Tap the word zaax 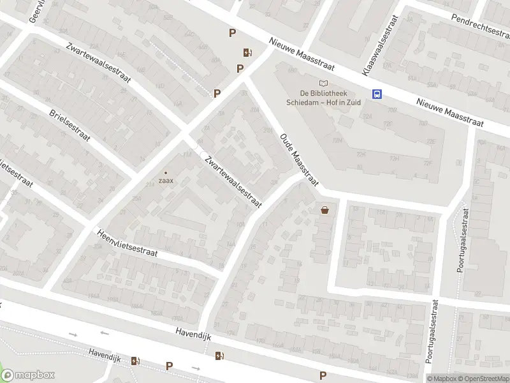[166, 181]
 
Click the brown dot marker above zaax [166, 172]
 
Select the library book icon [324, 83]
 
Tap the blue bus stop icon [377, 94]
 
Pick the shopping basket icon [326, 209]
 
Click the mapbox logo [28, 375]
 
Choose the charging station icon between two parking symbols [247, 53]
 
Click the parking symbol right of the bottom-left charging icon [169, 366]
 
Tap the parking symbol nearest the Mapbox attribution [323, 375]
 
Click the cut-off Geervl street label [36, 11]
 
